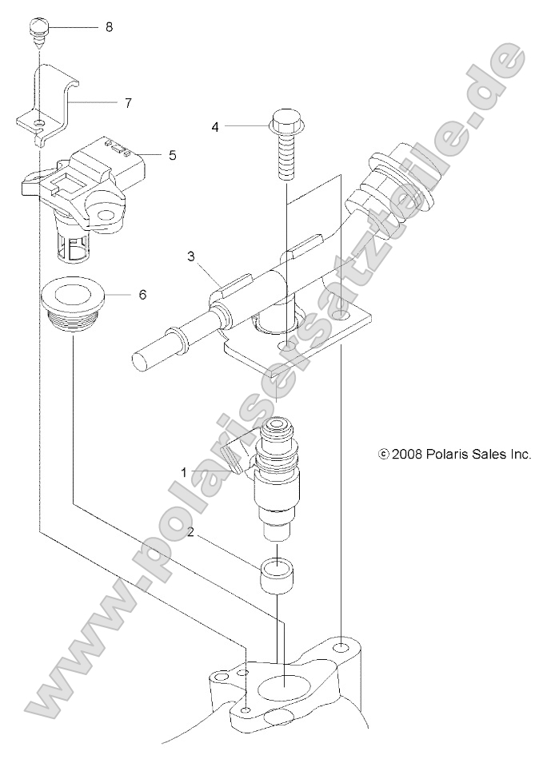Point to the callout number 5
pos(173,155)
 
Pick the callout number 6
pos(142,294)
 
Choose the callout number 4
pos(215,126)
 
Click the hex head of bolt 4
pos(284,124)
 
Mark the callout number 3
pos(191,256)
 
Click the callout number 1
pos(184,472)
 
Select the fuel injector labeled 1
pos(276,471)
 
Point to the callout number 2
pos(190,531)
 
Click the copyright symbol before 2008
pos(383,454)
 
